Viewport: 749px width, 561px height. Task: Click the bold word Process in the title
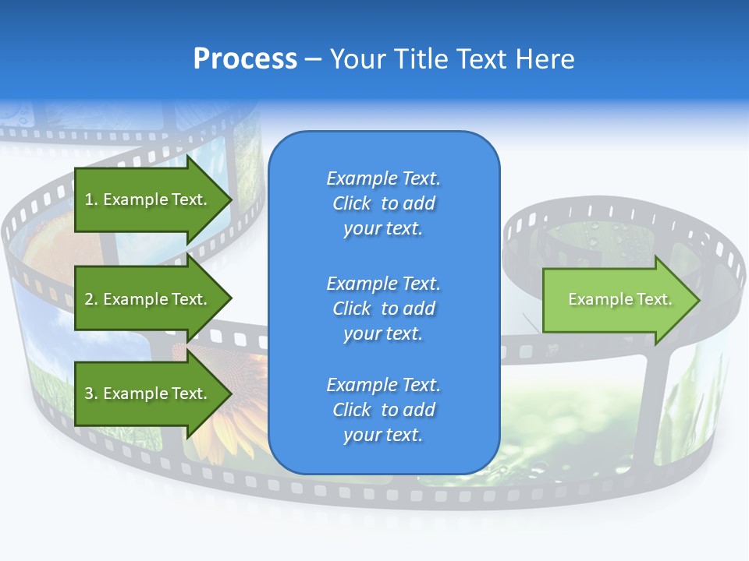(245, 59)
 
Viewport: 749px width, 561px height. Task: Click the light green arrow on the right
(616, 300)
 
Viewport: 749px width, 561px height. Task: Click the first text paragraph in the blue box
(383, 203)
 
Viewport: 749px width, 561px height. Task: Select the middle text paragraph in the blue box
(383, 309)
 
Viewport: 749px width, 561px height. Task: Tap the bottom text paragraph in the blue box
(383, 410)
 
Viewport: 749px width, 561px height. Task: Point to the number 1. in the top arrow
(91, 199)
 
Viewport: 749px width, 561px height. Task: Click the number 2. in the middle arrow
(91, 299)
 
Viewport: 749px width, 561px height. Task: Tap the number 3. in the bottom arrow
(91, 393)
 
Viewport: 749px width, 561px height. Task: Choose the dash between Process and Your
(313, 59)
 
